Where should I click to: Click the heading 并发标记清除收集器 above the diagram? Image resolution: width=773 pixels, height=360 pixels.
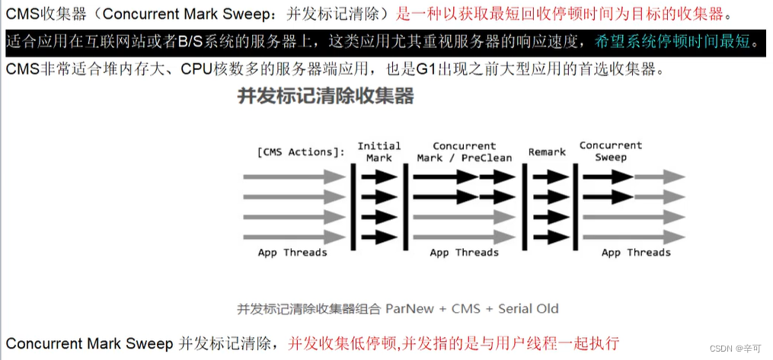click(325, 97)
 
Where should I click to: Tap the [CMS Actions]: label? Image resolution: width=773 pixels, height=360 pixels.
click(300, 151)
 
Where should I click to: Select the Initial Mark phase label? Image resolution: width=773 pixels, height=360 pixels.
click(379, 151)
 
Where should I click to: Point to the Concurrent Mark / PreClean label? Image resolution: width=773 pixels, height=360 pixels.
click(464, 151)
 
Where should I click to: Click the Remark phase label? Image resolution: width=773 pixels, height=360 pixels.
click(547, 151)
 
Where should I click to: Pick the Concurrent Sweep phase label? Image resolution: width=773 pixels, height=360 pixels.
click(610, 151)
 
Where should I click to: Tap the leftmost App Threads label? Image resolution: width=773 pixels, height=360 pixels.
click(292, 253)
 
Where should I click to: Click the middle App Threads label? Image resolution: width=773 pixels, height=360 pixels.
click(464, 253)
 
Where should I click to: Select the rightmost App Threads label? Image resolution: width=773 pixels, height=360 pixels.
click(636, 253)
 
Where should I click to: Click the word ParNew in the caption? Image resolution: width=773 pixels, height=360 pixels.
click(411, 308)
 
